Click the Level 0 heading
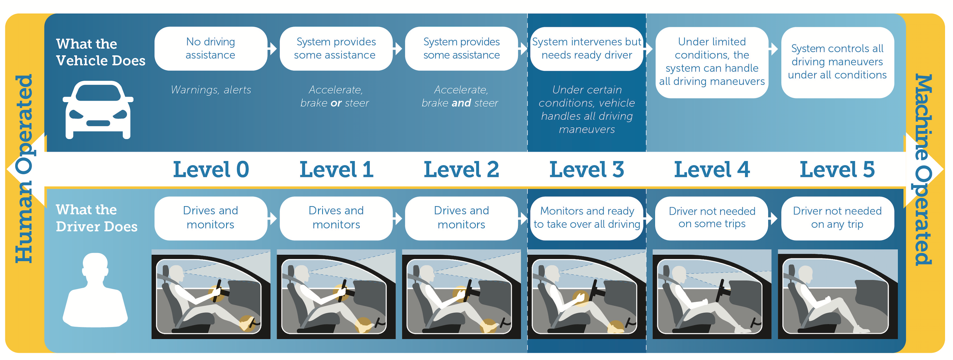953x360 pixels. pyautogui.click(x=211, y=169)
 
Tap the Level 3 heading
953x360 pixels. pyautogui.click(x=587, y=169)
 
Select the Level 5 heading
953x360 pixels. pyautogui.click(x=837, y=169)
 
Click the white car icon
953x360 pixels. pyautogui.click(x=98, y=110)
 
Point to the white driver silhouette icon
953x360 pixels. pyautogui.click(x=95, y=290)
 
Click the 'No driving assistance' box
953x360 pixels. pyautogui.click(x=210, y=49)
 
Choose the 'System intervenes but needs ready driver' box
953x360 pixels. pyautogui.click(x=587, y=49)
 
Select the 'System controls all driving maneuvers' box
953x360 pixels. pyautogui.click(x=837, y=62)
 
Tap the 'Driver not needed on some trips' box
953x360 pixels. pyautogui.click(x=712, y=218)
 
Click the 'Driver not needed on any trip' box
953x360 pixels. pyautogui.click(x=837, y=218)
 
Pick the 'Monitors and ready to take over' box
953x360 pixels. pyautogui.click(x=587, y=218)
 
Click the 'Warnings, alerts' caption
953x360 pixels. pyautogui.click(x=211, y=90)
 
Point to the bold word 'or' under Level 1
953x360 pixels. pyautogui.click(x=336, y=103)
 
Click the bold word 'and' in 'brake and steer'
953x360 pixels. pyautogui.click(x=461, y=103)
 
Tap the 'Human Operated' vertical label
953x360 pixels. pyautogui.click(x=24, y=169)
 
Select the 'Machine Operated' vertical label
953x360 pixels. pyautogui.click(x=923, y=169)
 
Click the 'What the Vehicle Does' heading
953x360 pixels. pyautogui.click(x=100, y=52)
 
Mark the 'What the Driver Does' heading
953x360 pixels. pyautogui.click(x=96, y=218)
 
